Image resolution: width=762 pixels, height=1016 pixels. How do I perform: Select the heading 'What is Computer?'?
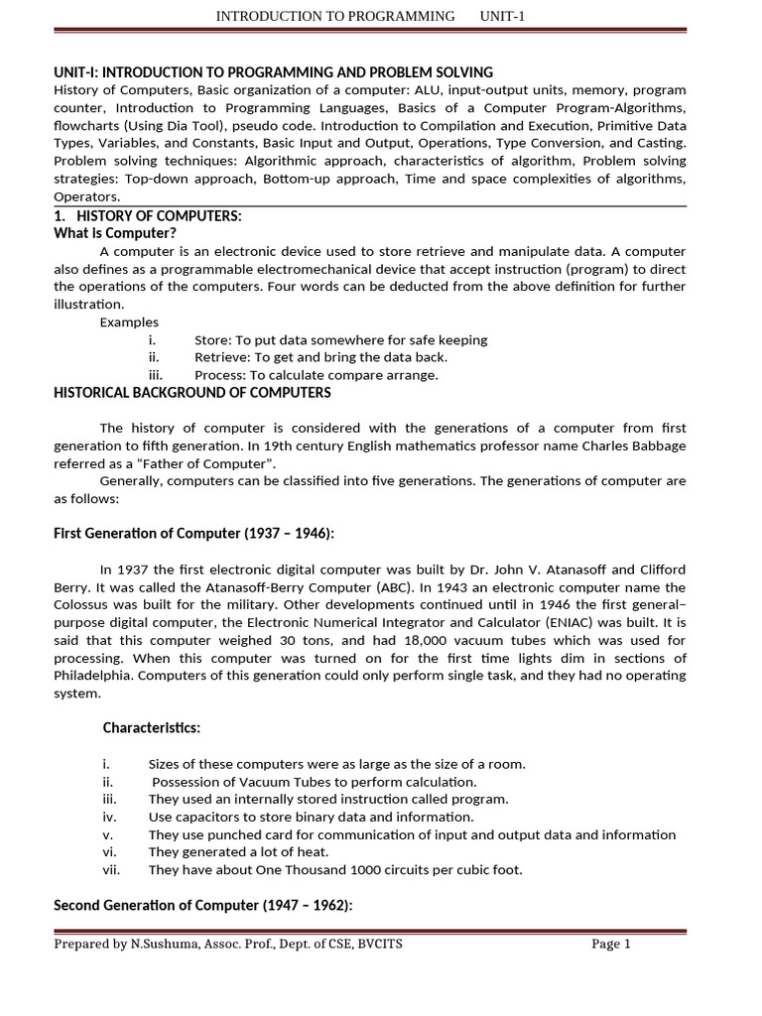coord(114,233)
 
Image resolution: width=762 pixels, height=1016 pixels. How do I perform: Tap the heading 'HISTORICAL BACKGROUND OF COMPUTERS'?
coord(191,393)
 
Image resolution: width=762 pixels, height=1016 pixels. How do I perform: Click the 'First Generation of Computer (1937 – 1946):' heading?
coord(193,534)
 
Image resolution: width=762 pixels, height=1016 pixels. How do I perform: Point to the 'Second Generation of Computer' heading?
coord(202,905)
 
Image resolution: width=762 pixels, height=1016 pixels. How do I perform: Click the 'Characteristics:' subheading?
coord(152,728)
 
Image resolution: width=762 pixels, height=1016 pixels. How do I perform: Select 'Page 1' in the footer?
coord(611,944)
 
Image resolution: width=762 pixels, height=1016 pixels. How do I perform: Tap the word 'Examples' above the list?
coord(129,322)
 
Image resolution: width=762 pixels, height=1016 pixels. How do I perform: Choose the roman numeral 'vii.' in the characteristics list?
coord(111,870)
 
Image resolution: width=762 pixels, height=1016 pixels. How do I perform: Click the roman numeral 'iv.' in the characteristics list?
coord(109,817)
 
